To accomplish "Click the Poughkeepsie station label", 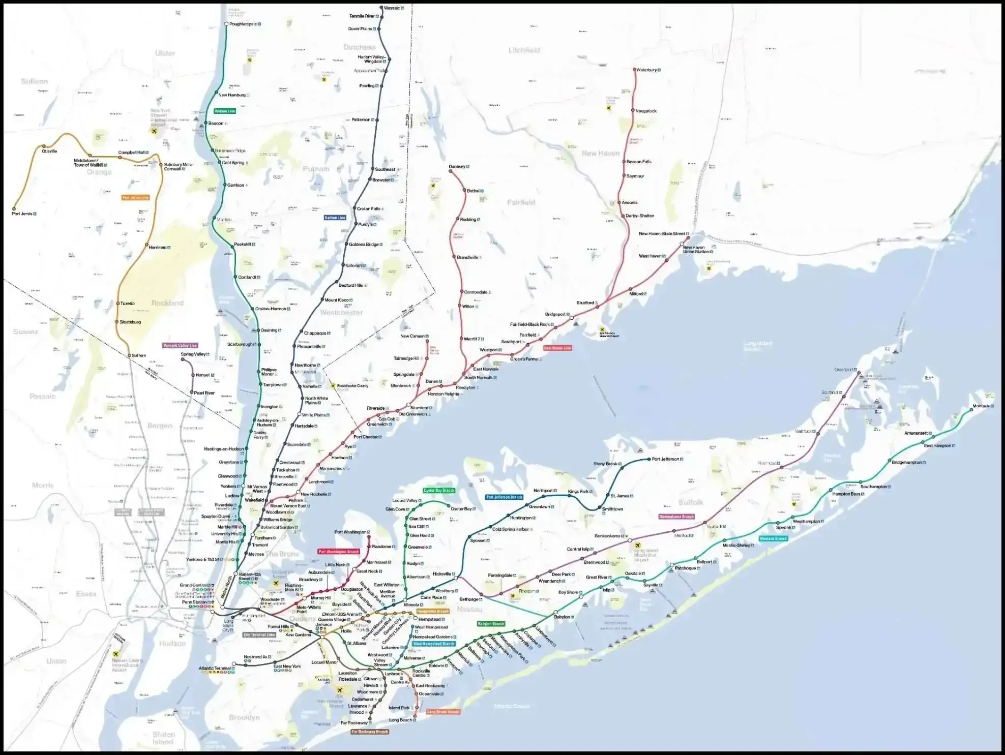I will [x=244, y=24].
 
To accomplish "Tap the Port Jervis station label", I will [x=22, y=214].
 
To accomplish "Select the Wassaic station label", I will [x=392, y=8].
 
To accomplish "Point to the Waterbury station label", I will [x=646, y=70].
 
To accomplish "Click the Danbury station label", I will [x=457, y=167].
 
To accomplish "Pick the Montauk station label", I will [x=981, y=406].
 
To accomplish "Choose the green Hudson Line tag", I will [x=225, y=111].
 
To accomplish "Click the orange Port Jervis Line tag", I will [x=135, y=197].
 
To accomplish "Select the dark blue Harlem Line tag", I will [x=335, y=218].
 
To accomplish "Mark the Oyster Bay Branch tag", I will [x=439, y=491].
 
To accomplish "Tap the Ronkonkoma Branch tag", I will [x=676, y=517].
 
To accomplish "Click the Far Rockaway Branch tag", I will [x=370, y=732].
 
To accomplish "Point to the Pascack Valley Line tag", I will [x=180, y=345].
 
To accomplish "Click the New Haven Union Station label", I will [x=695, y=250].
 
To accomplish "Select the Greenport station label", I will [x=843, y=370].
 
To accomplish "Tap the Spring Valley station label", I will [x=193, y=354].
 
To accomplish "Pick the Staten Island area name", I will [x=163, y=738].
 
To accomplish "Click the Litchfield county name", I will [x=524, y=50].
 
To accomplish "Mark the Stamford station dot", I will [x=408, y=405].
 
